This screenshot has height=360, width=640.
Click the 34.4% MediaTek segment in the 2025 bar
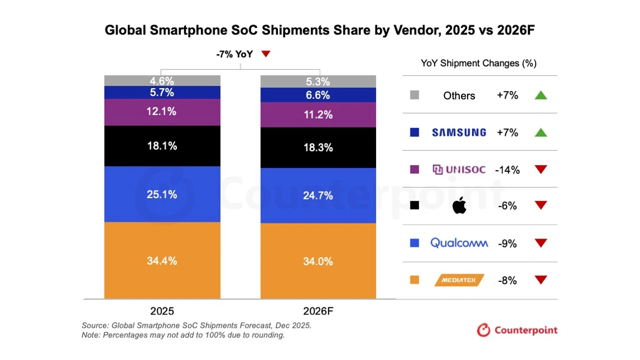(162, 261)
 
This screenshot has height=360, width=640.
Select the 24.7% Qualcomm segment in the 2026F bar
(318, 195)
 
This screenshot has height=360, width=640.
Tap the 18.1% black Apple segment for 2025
(162, 146)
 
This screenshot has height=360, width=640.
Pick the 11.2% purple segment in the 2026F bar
(318, 115)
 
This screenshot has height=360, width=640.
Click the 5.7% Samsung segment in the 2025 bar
(162, 93)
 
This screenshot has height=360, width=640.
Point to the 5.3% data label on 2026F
(318, 82)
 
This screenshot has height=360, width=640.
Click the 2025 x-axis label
(162, 311)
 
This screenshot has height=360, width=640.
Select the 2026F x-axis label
(318, 311)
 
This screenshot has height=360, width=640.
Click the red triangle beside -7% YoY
(266, 54)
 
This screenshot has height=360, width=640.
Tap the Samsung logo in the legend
(459, 133)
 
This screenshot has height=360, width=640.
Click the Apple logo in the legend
(459, 206)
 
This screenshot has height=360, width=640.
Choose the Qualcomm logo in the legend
(459, 243)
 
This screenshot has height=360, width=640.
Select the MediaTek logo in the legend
(459, 280)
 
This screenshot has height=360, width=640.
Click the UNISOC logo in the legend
(459, 169)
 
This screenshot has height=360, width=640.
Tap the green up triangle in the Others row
(541, 95)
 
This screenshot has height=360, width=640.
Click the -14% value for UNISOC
(508, 170)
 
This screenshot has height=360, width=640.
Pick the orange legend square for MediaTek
(415, 280)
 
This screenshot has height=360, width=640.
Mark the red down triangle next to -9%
(541, 243)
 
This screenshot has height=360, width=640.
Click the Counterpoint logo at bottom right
(517, 330)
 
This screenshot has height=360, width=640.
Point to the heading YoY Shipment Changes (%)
(478, 63)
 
